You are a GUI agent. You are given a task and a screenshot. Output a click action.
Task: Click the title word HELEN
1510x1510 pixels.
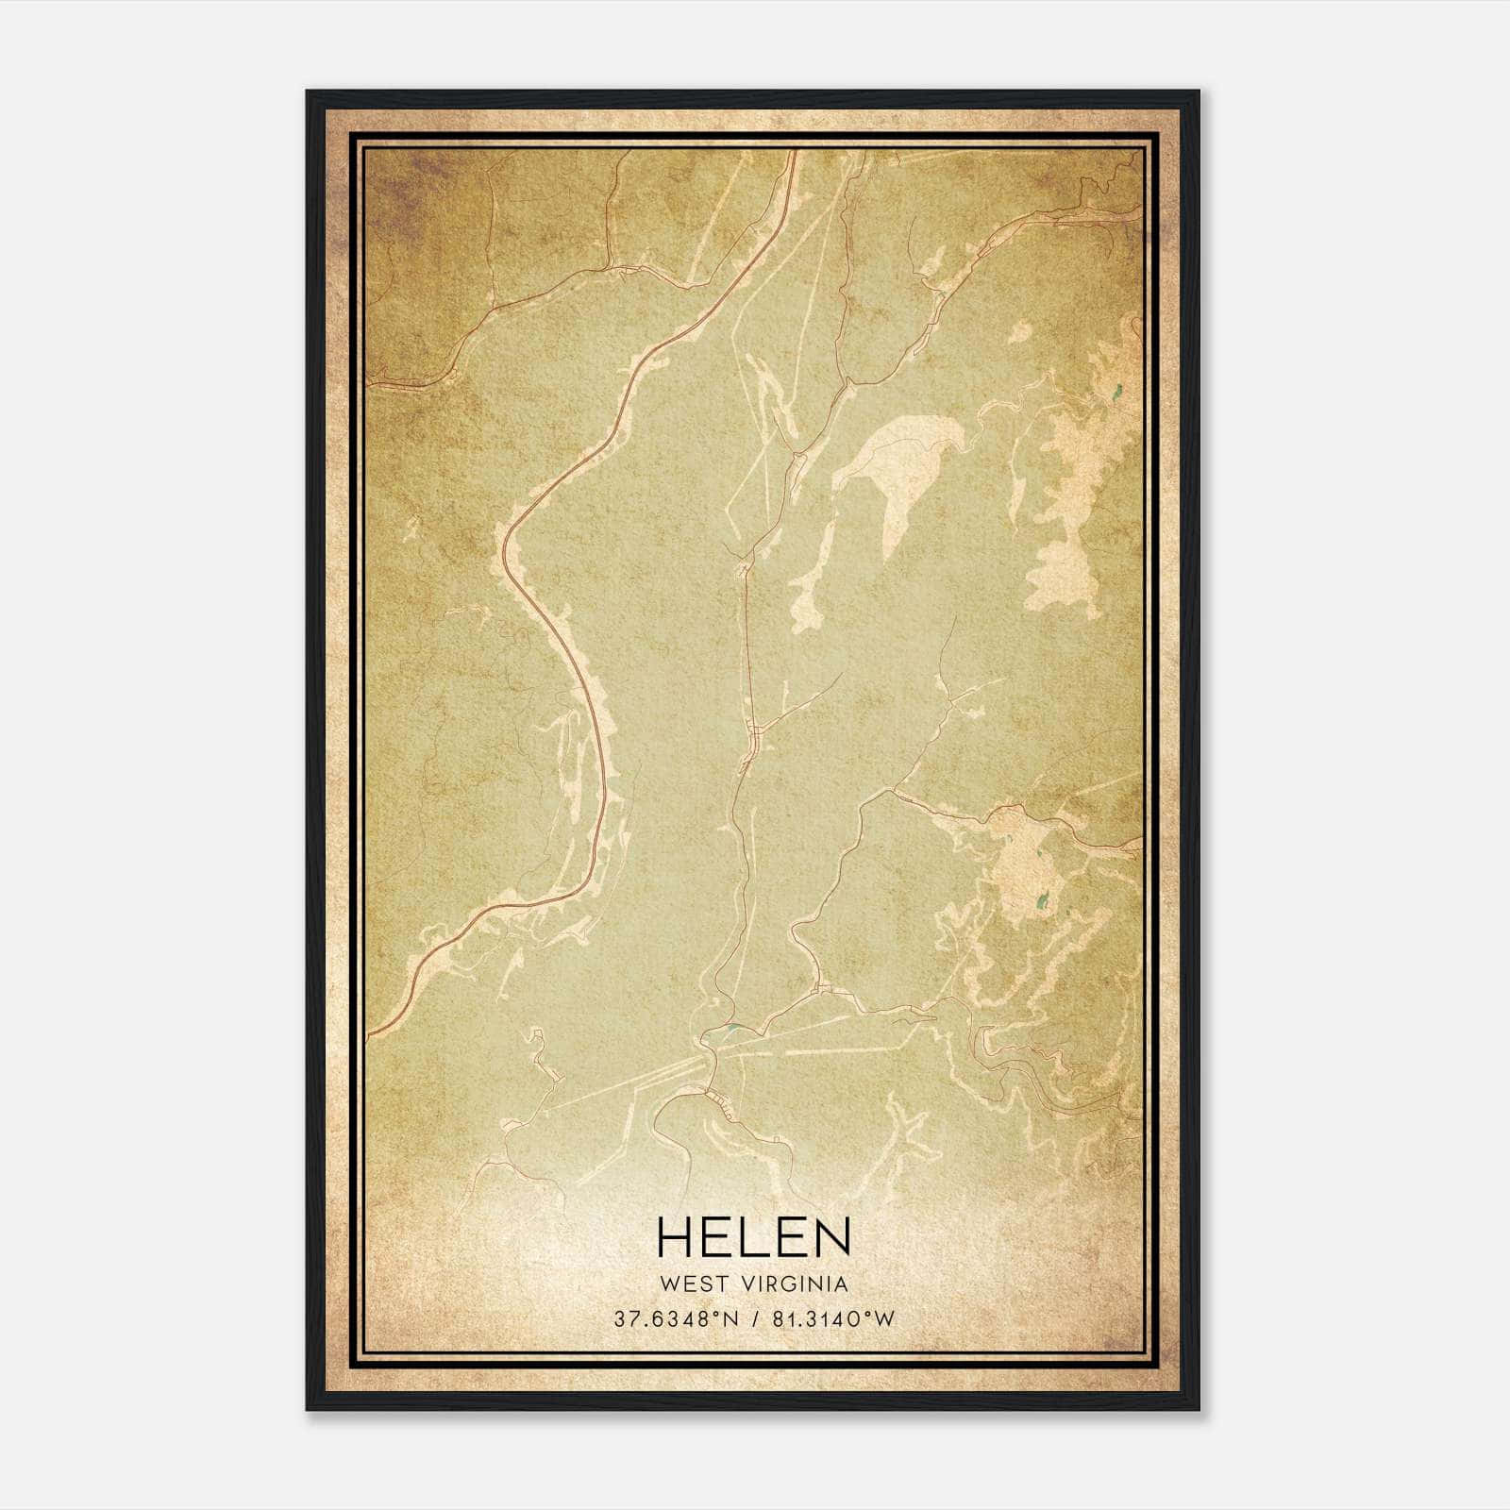click(753, 1237)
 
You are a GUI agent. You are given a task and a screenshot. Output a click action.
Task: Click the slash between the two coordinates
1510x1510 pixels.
click(754, 1319)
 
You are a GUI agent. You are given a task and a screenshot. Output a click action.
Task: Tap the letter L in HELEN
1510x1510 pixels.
click(754, 1237)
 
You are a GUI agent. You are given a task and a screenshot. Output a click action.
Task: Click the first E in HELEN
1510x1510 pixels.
click(716, 1237)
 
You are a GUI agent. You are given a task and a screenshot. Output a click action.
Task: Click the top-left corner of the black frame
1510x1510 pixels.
click(308, 92)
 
